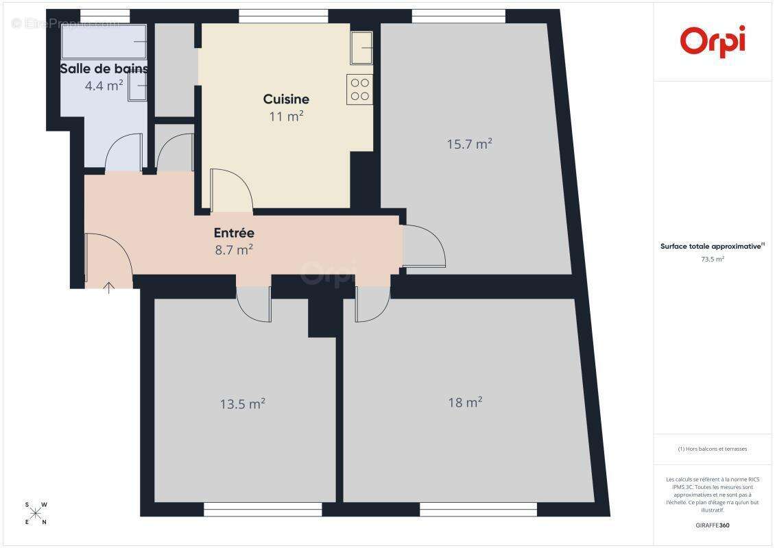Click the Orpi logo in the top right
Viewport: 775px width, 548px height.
[713, 40]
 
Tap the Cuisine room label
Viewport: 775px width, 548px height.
[286, 99]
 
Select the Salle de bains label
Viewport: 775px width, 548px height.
[104, 68]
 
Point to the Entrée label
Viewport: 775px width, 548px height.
[234, 233]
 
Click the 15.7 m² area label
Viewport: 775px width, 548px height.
[470, 144]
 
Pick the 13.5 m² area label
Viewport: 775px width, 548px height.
[242, 404]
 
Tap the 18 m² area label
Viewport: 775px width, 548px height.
[465, 402]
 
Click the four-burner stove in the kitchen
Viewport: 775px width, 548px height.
[360, 89]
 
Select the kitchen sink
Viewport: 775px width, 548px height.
[361, 47]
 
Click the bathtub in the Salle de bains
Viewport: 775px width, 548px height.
[104, 42]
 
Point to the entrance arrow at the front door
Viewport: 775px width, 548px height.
[108, 287]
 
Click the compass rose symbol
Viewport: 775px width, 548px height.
[36, 513]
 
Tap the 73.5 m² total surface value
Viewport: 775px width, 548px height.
[713, 260]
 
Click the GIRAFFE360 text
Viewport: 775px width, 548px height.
[713, 525]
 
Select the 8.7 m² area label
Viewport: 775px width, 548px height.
[234, 250]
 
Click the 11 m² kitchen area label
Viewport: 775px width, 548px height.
[286, 116]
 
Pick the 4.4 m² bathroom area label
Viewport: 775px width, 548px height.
[104, 86]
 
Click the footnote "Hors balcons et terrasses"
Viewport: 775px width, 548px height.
[713, 449]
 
